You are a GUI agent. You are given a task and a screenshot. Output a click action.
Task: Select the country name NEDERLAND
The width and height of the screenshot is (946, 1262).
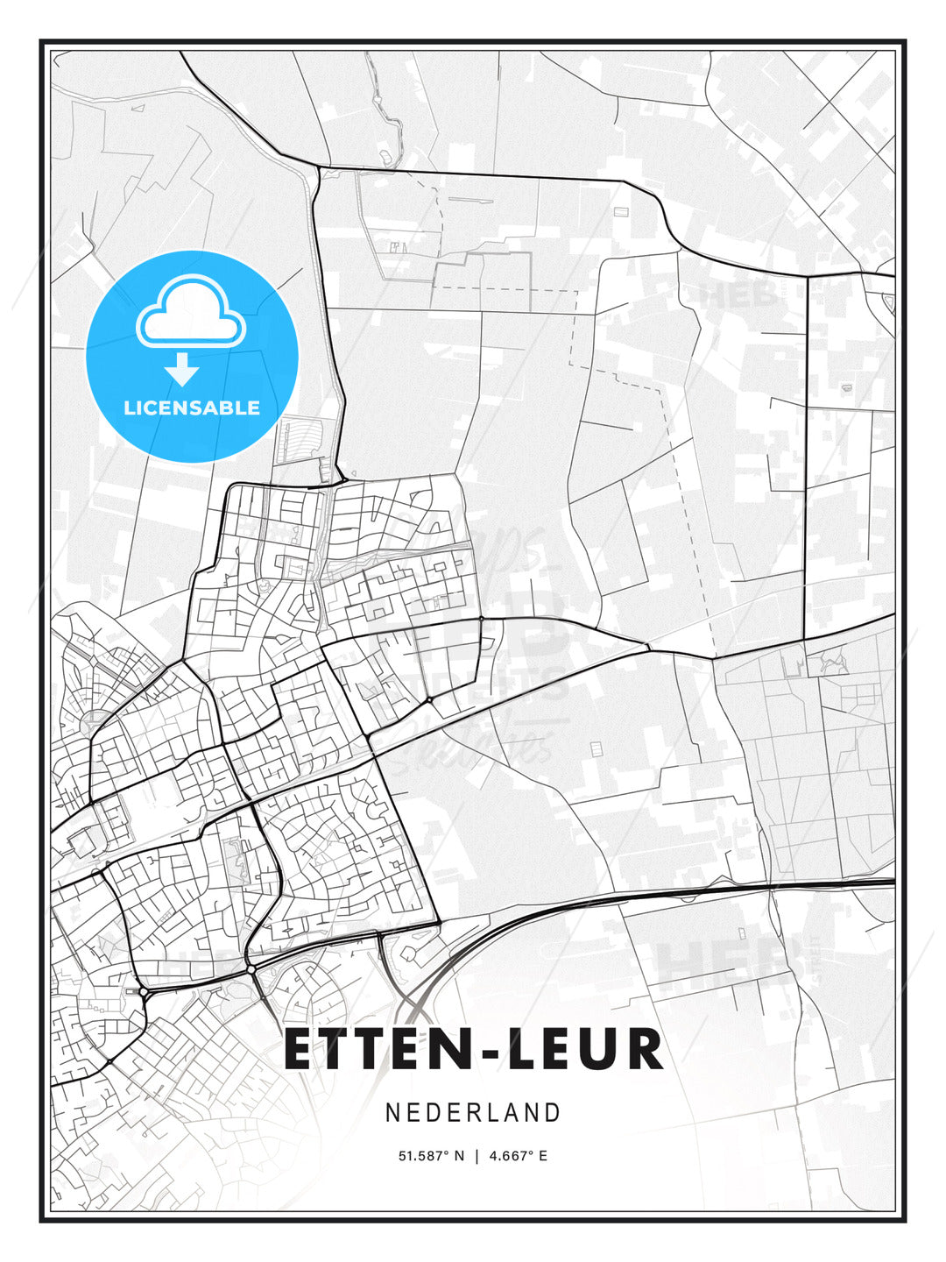[473, 1112]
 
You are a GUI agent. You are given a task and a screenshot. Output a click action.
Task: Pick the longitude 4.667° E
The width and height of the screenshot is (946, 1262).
[519, 1156]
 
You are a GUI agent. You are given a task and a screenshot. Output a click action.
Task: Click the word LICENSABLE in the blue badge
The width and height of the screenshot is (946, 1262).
[192, 408]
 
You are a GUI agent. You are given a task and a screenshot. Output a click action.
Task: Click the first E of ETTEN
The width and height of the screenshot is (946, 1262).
[300, 1050]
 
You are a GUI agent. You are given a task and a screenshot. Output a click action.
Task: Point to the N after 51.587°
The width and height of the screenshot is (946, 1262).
[459, 1156]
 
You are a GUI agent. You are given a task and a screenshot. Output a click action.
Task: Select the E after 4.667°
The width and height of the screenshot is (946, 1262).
[542, 1156]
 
